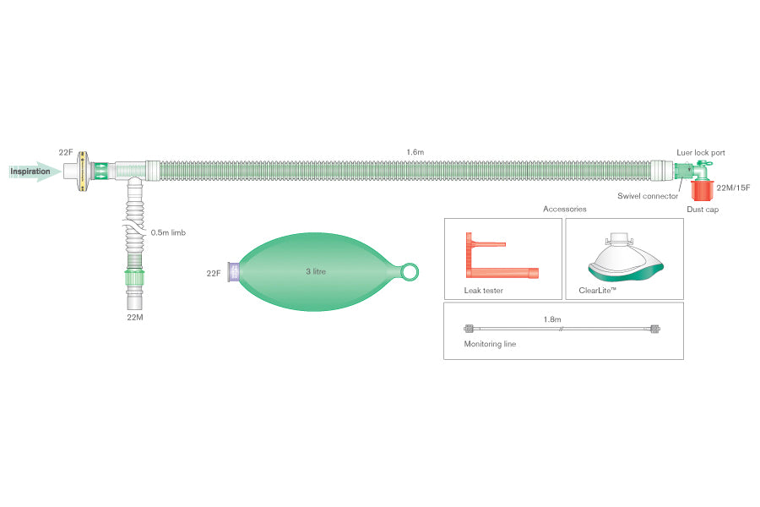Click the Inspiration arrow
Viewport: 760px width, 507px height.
point(34,172)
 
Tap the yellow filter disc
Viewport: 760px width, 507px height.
point(83,171)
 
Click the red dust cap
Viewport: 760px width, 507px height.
point(703,190)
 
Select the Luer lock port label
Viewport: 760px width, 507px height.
point(700,152)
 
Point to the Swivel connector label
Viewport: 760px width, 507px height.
point(648,196)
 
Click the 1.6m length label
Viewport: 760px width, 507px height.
point(415,152)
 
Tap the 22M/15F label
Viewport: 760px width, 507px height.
point(733,188)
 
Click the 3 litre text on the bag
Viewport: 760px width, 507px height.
point(316,271)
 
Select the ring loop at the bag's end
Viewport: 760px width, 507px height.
point(410,272)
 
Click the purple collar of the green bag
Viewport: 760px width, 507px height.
point(234,272)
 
